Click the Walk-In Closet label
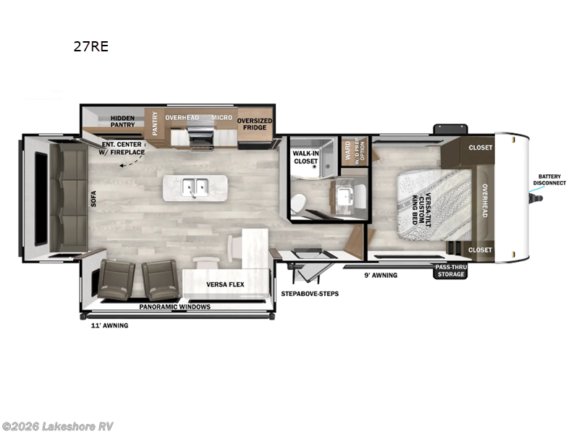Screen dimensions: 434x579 tap(306, 158)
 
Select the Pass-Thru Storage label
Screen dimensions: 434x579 tap(449, 271)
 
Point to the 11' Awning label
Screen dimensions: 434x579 tap(104, 325)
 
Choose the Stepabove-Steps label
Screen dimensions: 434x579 tap(310, 294)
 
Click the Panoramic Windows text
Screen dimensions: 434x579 tap(175, 307)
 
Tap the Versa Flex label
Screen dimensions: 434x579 tap(225, 284)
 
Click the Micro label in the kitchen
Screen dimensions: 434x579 tap(221, 117)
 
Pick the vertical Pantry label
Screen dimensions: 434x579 tap(155, 122)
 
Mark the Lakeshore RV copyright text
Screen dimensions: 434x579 tap(58, 426)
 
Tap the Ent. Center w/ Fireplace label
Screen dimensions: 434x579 tap(123, 148)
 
